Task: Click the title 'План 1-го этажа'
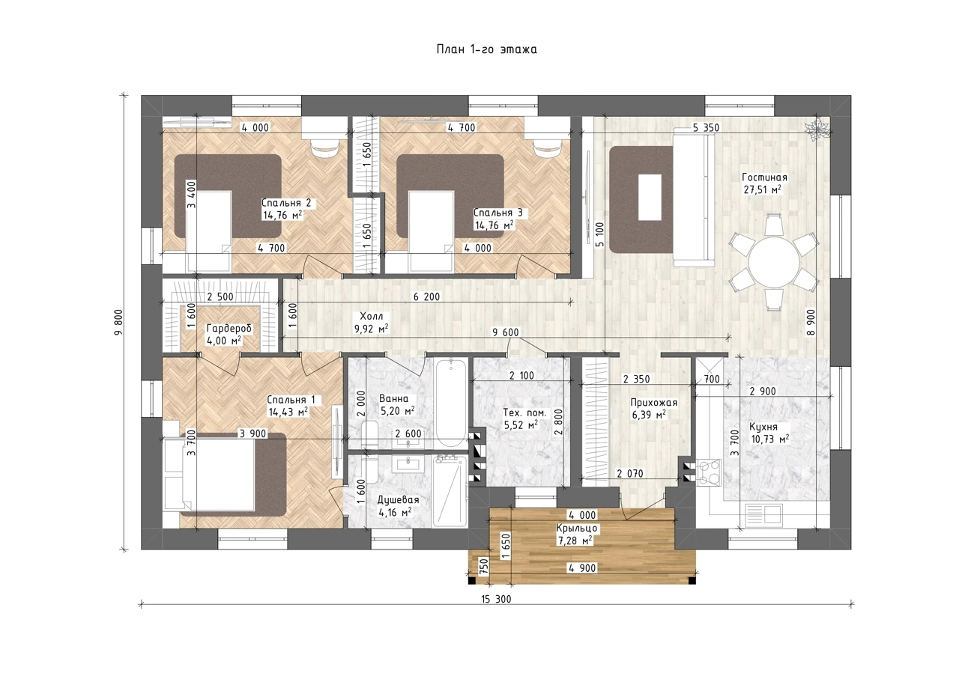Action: click(486, 49)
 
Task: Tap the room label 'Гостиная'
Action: click(764, 177)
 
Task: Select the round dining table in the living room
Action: click(774, 262)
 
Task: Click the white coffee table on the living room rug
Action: click(650, 197)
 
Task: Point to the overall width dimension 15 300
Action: click(496, 600)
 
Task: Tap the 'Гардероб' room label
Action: click(229, 329)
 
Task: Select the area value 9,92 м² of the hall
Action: click(372, 329)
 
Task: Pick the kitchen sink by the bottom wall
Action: click(764, 516)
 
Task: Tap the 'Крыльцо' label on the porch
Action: click(577, 529)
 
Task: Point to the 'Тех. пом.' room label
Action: click(524, 413)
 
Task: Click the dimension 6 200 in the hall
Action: click(426, 297)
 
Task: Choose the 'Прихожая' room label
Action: click(653, 403)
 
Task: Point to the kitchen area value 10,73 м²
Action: click(770, 439)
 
